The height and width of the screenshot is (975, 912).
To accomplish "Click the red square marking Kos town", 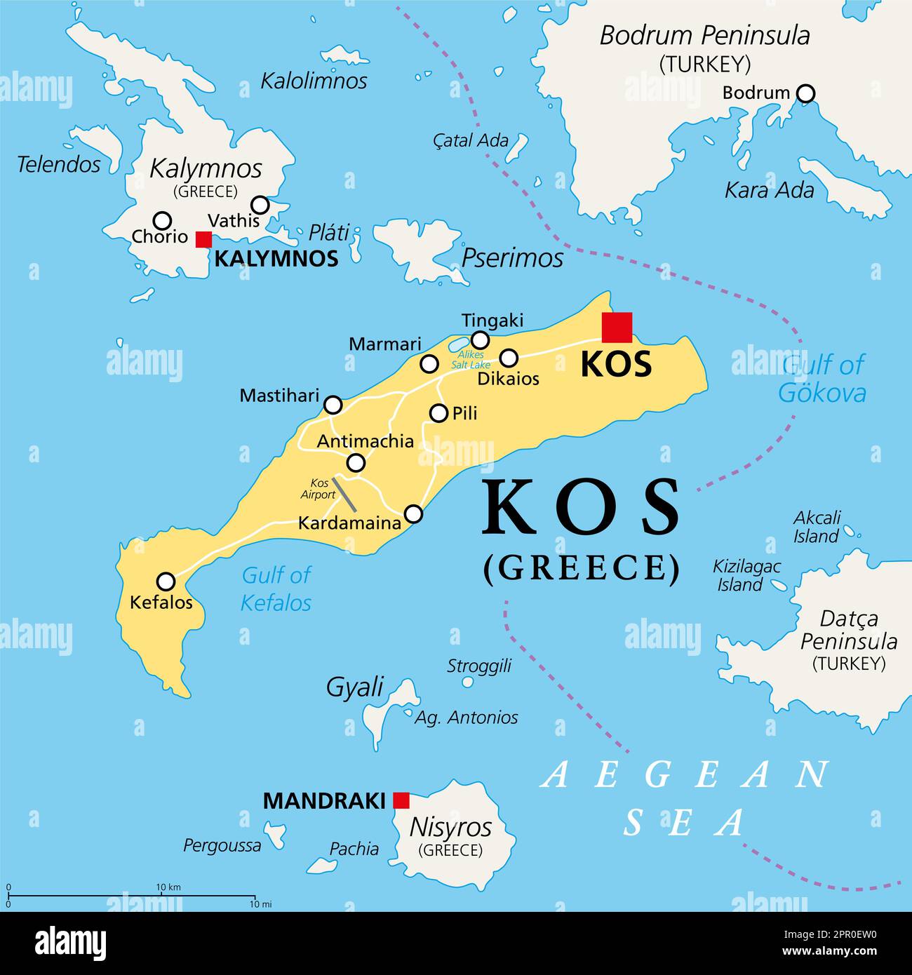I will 617,328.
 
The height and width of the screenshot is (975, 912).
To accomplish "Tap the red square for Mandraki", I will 401,800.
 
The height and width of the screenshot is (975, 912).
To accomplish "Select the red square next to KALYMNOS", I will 203,239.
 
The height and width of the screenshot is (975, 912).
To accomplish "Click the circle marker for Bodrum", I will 807,93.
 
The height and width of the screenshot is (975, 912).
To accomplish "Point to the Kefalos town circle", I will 166,581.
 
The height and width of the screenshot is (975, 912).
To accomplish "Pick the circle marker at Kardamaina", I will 414,514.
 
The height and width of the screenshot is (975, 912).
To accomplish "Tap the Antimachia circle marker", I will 356,462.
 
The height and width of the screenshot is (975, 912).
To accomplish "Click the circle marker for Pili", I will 438,413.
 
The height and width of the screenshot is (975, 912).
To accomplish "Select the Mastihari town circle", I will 333,405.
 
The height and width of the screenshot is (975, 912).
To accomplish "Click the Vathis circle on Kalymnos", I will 260,205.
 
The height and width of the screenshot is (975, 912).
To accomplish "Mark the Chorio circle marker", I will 162,220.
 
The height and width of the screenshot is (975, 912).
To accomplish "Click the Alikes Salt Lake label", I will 467,360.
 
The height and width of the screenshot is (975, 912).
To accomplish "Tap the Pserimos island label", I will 512,258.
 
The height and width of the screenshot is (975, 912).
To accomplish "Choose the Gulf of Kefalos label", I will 276,589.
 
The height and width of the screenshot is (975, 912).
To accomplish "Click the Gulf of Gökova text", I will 822,379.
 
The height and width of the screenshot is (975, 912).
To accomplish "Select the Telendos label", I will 59,165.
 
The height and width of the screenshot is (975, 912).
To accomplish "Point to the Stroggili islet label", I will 479,666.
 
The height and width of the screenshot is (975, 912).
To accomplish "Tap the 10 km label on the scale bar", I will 168,887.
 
